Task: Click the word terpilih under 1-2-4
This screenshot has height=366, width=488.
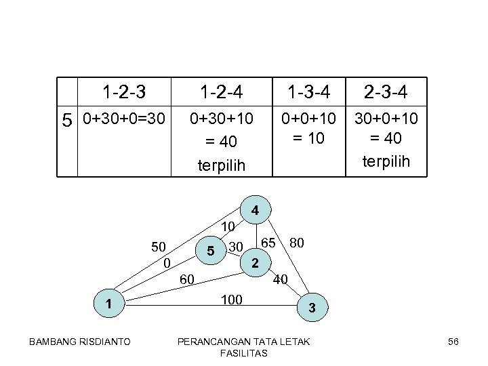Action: click(222, 165)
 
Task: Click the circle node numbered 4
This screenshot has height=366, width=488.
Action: click(255, 211)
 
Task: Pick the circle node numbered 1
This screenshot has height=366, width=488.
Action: click(108, 304)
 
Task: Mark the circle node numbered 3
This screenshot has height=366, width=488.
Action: click(311, 308)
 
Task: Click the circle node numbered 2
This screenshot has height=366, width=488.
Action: click(254, 263)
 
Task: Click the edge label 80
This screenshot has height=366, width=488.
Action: click(296, 242)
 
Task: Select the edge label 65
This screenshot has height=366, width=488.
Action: click(268, 242)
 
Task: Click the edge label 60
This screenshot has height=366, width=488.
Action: click(188, 278)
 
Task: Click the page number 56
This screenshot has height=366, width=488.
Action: click(453, 342)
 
